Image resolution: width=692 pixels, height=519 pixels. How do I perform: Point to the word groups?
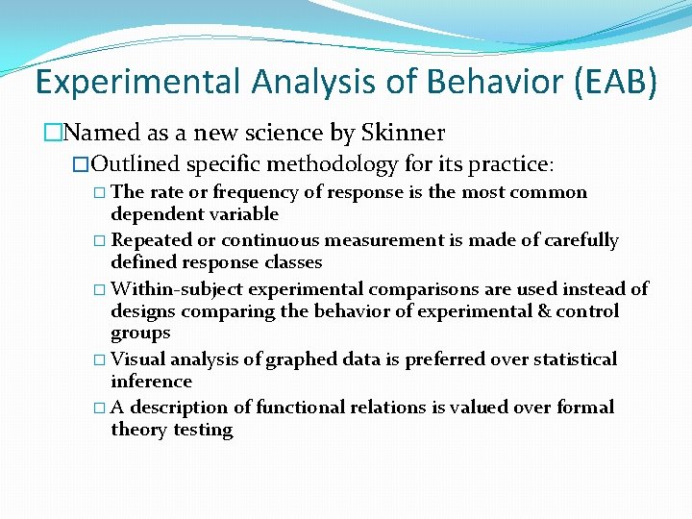coord(140,333)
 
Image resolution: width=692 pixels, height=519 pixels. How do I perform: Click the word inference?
coord(151,381)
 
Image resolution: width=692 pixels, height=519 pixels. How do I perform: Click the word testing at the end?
coord(203,430)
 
